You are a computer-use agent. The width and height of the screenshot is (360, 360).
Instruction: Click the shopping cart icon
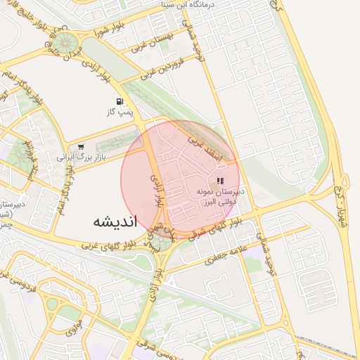point(81,147)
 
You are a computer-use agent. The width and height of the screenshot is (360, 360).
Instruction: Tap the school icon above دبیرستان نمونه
point(220,181)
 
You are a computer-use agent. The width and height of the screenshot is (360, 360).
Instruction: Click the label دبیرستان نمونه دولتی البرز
point(219,195)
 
